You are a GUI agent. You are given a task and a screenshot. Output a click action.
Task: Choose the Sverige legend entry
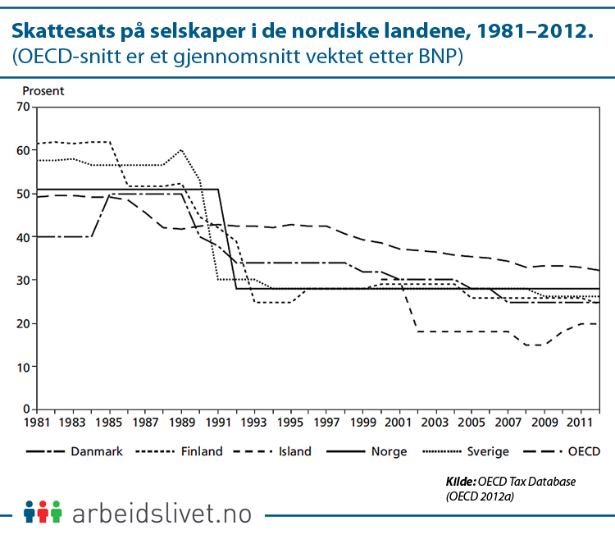click(x=490, y=451)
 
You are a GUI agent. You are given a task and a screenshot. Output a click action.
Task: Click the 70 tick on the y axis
click(x=22, y=107)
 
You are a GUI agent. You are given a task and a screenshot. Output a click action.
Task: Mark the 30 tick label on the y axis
click(x=22, y=280)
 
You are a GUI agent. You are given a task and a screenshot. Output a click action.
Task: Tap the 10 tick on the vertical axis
click(x=22, y=366)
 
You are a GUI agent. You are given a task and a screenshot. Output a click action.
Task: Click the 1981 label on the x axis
click(x=34, y=422)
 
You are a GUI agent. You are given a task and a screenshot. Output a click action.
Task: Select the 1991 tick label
click(x=217, y=422)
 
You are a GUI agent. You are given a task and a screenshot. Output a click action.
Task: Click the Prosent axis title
click(x=43, y=91)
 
